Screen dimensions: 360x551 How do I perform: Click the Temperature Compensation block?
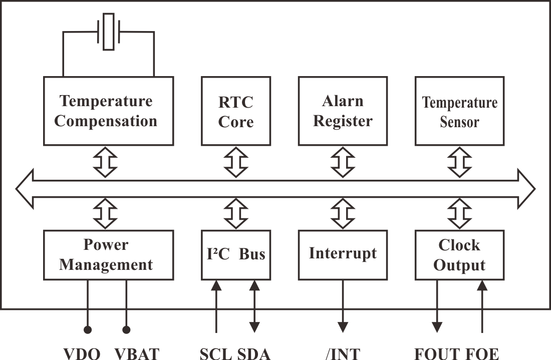pyautogui.click(x=108, y=111)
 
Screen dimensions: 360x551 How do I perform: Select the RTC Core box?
pyautogui.click(x=236, y=111)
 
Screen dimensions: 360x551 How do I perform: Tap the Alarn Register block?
pyautogui.click(x=343, y=111)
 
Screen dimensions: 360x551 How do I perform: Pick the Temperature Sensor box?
pyautogui.click(x=459, y=111)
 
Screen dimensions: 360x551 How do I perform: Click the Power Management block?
pyautogui.click(x=108, y=254)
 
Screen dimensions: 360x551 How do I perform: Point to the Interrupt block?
pyautogui.click(x=343, y=254)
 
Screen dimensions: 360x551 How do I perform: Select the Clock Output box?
pyautogui.click(x=459, y=254)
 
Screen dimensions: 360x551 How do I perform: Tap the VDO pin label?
pyautogui.click(x=82, y=353)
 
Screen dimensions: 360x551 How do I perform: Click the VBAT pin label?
pyautogui.click(x=136, y=353)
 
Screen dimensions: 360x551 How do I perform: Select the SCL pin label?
pyautogui.click(x=215, y=353)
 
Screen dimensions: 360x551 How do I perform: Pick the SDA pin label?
pyautogui.click(x=253, y=353)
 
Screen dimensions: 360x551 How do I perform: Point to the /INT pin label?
pyautogui.click(x=343, y=353)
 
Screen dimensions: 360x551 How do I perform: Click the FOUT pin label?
pyautogui.click(x=436, y=353)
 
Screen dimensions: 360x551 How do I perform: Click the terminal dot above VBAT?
pyautogui.click(x=126, y=329)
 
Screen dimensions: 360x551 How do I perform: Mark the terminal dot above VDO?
pyautogui.click(x=88, y=329)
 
